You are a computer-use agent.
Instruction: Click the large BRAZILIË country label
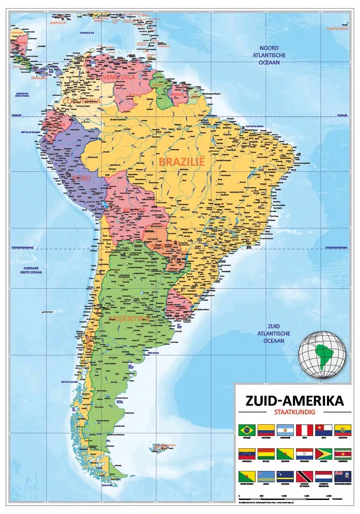pyautogui.click(x=182, y=161)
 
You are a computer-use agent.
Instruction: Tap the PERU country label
pyautogui.click(x=81, y=178)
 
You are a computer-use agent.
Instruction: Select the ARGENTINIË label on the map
pyautogui.click(x=129, y=319)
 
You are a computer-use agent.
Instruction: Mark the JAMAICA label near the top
pyautogui.click(x=58, y=22)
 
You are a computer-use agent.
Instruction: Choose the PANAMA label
pyautogui.click(x=39, y=78)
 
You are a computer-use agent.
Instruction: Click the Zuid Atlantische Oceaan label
pyautogui.click(x=273, y=333)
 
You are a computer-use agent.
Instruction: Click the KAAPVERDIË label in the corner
pyautogui.click(x=336, y=29)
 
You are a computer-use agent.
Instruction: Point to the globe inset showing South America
pyautogui.click(x=321, y=354)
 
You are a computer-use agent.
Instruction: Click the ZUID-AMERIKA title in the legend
pyautogui.click(x=294, y=401)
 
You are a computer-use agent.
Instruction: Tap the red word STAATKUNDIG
pyautogui.click(x=294, y=412)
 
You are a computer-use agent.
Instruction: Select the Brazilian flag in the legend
pyautogui.click(x=247, y=430)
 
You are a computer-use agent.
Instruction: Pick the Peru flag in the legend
pyautogui.click(x=304, y=430)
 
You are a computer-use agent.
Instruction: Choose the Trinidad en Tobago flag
pyautogui.click(x=304, y=476)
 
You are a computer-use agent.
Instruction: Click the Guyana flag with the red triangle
pyautogui.click(x=323, y=453)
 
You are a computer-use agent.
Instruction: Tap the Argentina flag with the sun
pyautogui.click(x=285, y=430)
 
